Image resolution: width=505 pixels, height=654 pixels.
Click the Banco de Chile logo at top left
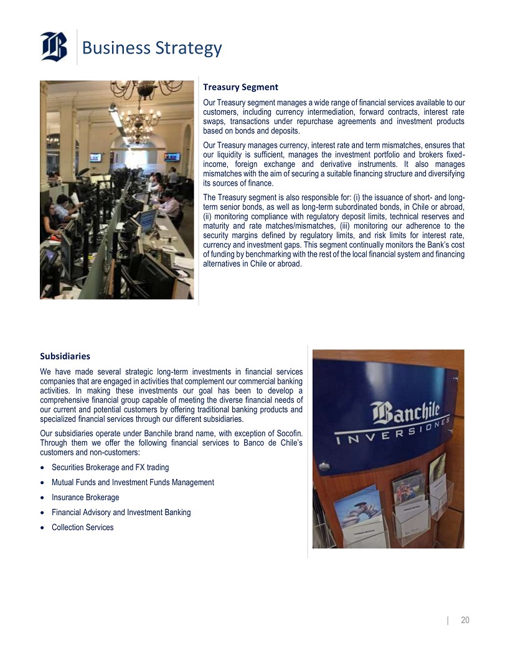click(x=54, y=46)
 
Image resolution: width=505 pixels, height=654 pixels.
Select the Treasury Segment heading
click(x=240, y=87)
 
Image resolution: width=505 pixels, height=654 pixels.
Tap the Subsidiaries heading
click(x=65, y=356)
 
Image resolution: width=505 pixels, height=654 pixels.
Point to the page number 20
click(x=465, y=620)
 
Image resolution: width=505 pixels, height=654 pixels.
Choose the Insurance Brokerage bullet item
click(x=85, y=497)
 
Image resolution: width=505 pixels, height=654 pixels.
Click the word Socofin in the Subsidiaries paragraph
click(x=289, y=432)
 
